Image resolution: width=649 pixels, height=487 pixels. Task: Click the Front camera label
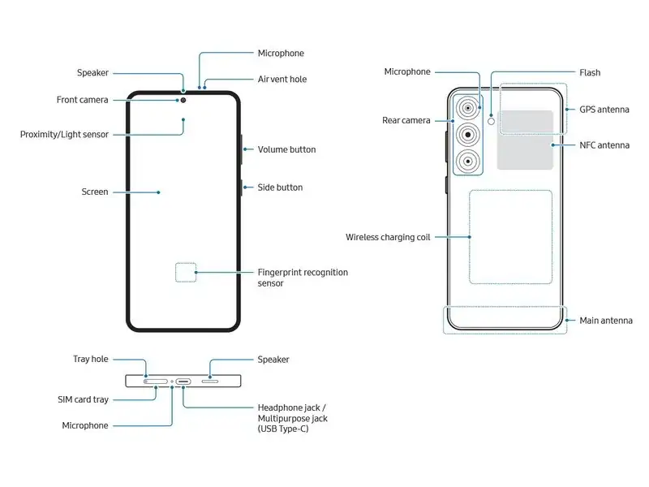[x=82, y=100]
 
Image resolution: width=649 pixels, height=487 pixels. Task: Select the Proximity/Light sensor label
[x=64, y=134]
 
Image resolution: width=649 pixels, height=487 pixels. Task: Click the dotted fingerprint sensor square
[x=187, y=272]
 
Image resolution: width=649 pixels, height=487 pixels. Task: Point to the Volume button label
[x=286, y=149]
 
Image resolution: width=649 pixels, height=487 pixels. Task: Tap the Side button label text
[x=280, y=187]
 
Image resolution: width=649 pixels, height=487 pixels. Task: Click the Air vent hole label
[x=282, y=80]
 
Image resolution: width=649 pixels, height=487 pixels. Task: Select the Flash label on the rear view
[x=590, y=72]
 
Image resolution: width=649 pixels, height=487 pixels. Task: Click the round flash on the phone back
[x=490, y=119]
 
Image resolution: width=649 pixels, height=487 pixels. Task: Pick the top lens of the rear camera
[x=467, y=108]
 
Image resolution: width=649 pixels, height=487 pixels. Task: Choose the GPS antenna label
[x=604, y=110]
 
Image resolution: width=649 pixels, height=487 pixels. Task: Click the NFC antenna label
[x=604, y=145]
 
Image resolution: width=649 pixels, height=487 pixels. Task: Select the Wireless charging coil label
[x=388, y=237]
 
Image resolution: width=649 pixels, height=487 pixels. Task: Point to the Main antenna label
[x=605, y=321]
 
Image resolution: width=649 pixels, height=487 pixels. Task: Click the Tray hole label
[x=91, y=359]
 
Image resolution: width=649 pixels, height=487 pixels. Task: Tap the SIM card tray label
[x=84, y=399]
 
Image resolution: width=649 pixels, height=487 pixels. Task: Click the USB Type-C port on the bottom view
[x=184, y=379]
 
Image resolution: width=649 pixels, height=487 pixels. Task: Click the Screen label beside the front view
[x=95, y=192]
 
